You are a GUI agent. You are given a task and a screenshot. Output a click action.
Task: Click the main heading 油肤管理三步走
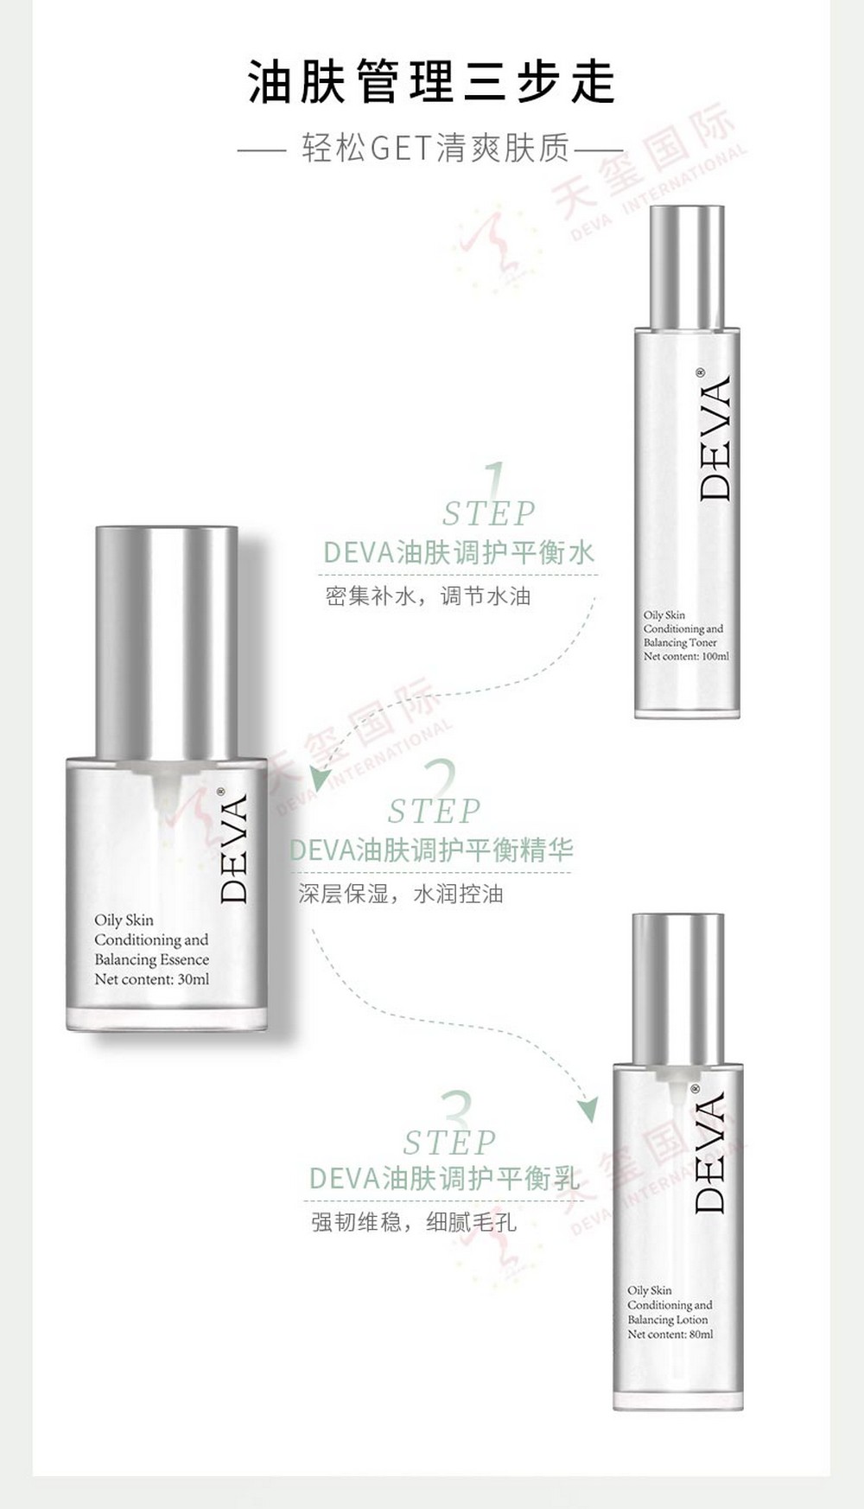[432, 82]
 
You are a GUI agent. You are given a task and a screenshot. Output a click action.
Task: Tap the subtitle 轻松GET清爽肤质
[436, 149]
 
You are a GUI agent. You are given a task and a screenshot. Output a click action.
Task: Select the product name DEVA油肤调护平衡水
[459, 553]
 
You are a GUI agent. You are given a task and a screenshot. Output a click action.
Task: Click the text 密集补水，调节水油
[428, 596]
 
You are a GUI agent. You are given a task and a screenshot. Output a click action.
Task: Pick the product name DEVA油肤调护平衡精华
[431, 850]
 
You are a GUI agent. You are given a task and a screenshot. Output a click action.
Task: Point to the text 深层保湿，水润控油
[401, 894]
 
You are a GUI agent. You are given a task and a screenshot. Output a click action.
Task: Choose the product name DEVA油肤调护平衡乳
[444, 1178]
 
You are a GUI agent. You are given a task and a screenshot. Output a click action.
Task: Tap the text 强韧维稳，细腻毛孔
[414, 1222]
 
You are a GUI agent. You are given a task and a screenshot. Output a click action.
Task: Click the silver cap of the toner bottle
[687, 267]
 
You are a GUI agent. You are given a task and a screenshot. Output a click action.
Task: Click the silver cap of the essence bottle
[166, 640]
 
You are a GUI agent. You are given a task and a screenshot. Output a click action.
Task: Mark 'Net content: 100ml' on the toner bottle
[686, 657]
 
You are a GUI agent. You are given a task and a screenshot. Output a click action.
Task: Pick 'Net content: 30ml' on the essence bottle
[152, 980]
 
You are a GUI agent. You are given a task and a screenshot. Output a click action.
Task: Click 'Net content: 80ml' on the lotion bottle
[670, 1334]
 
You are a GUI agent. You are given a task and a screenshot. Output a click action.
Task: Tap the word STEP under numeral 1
[489, 513]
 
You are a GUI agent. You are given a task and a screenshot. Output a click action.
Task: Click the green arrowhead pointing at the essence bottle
[321, 778]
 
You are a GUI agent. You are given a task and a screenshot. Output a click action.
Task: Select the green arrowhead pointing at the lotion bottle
[588, 1109]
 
